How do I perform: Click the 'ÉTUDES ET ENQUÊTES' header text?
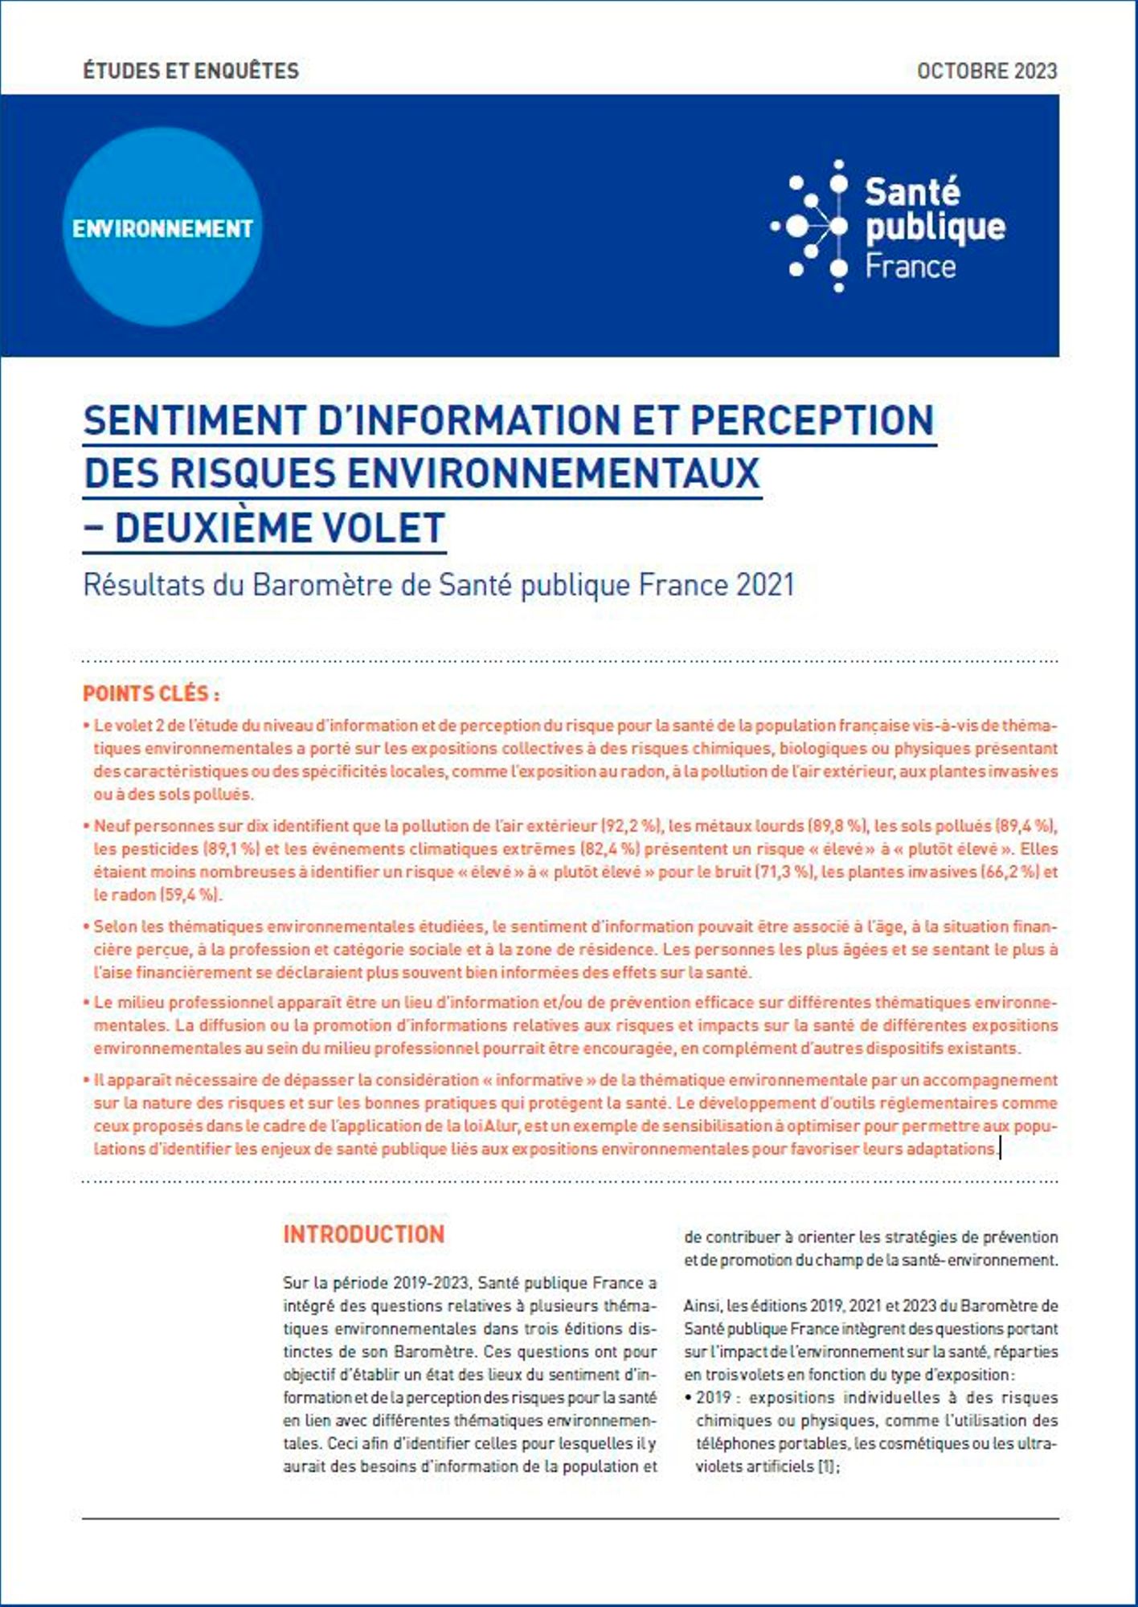[190, 71]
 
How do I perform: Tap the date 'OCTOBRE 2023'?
[986, 71]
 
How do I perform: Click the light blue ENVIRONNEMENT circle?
[162, 228]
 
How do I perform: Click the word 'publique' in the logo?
[935, 227]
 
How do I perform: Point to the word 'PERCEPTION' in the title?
[812, 420]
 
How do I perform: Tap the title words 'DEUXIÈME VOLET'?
[280, 528]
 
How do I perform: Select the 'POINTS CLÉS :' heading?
[151, 693]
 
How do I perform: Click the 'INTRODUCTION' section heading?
[363, 1234]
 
